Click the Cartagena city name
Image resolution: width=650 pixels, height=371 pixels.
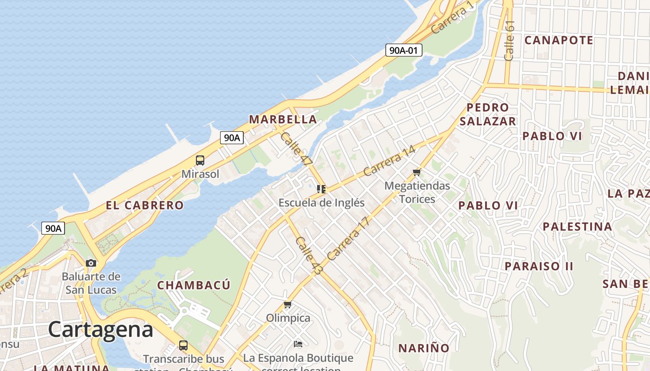click(100, 330)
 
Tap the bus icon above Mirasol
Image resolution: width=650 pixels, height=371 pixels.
click(200, 160)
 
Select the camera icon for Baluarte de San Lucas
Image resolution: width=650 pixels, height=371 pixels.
click(91, 263)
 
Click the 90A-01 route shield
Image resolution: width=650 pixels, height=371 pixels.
click(403, 50)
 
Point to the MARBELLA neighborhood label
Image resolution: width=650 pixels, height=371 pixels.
click(283, 119)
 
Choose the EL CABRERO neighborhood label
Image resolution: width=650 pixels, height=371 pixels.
click(144, 205)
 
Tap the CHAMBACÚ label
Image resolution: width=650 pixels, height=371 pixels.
click(194, 285)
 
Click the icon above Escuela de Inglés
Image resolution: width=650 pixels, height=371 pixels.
click(321, 189)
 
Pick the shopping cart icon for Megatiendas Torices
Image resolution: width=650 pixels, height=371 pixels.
click(416, 173)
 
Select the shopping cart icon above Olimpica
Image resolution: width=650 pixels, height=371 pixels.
click(288, 304)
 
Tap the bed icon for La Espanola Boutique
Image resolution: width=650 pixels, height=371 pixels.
click(298, 344)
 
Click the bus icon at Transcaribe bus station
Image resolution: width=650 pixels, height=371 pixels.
click(183, 345)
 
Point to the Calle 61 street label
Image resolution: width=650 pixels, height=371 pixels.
click(509, 40)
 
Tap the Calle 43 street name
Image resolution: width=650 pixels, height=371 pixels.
click(308, 256)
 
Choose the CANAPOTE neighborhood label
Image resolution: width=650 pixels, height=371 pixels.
click(559, 40)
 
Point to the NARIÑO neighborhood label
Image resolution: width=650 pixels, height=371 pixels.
click(424, 348)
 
